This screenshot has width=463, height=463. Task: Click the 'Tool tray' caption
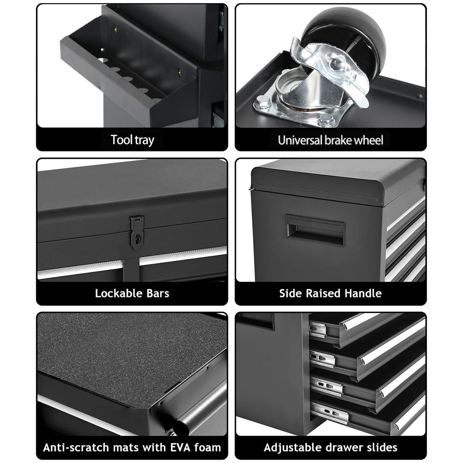coord(132,140)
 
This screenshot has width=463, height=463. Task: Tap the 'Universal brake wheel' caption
coord(330,140)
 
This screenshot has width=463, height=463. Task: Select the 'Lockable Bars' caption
coord(132,293)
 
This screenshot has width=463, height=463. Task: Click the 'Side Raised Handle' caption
coord(330,293)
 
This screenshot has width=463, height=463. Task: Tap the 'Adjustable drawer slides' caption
coord(330,447)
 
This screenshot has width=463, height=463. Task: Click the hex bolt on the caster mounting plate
coord(261,102)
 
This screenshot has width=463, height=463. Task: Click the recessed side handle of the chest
coord(315,230)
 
